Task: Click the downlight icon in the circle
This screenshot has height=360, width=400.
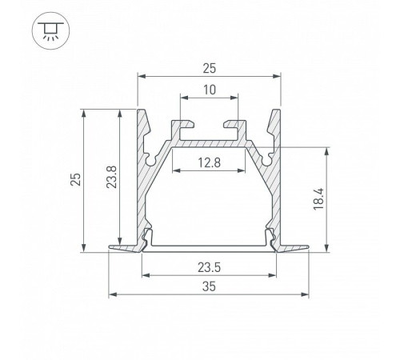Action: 50,30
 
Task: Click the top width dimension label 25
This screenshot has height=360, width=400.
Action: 209,69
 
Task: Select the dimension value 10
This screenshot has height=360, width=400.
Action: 210,90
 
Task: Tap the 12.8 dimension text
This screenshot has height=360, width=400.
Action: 209,162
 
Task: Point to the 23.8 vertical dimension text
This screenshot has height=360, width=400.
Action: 111,177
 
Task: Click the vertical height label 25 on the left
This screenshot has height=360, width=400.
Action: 75,179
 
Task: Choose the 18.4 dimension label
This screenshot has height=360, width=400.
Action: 318,199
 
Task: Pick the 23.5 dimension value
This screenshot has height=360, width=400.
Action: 210,267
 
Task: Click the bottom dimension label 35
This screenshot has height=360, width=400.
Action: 209,286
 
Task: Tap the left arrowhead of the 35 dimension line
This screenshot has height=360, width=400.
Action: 113,294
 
